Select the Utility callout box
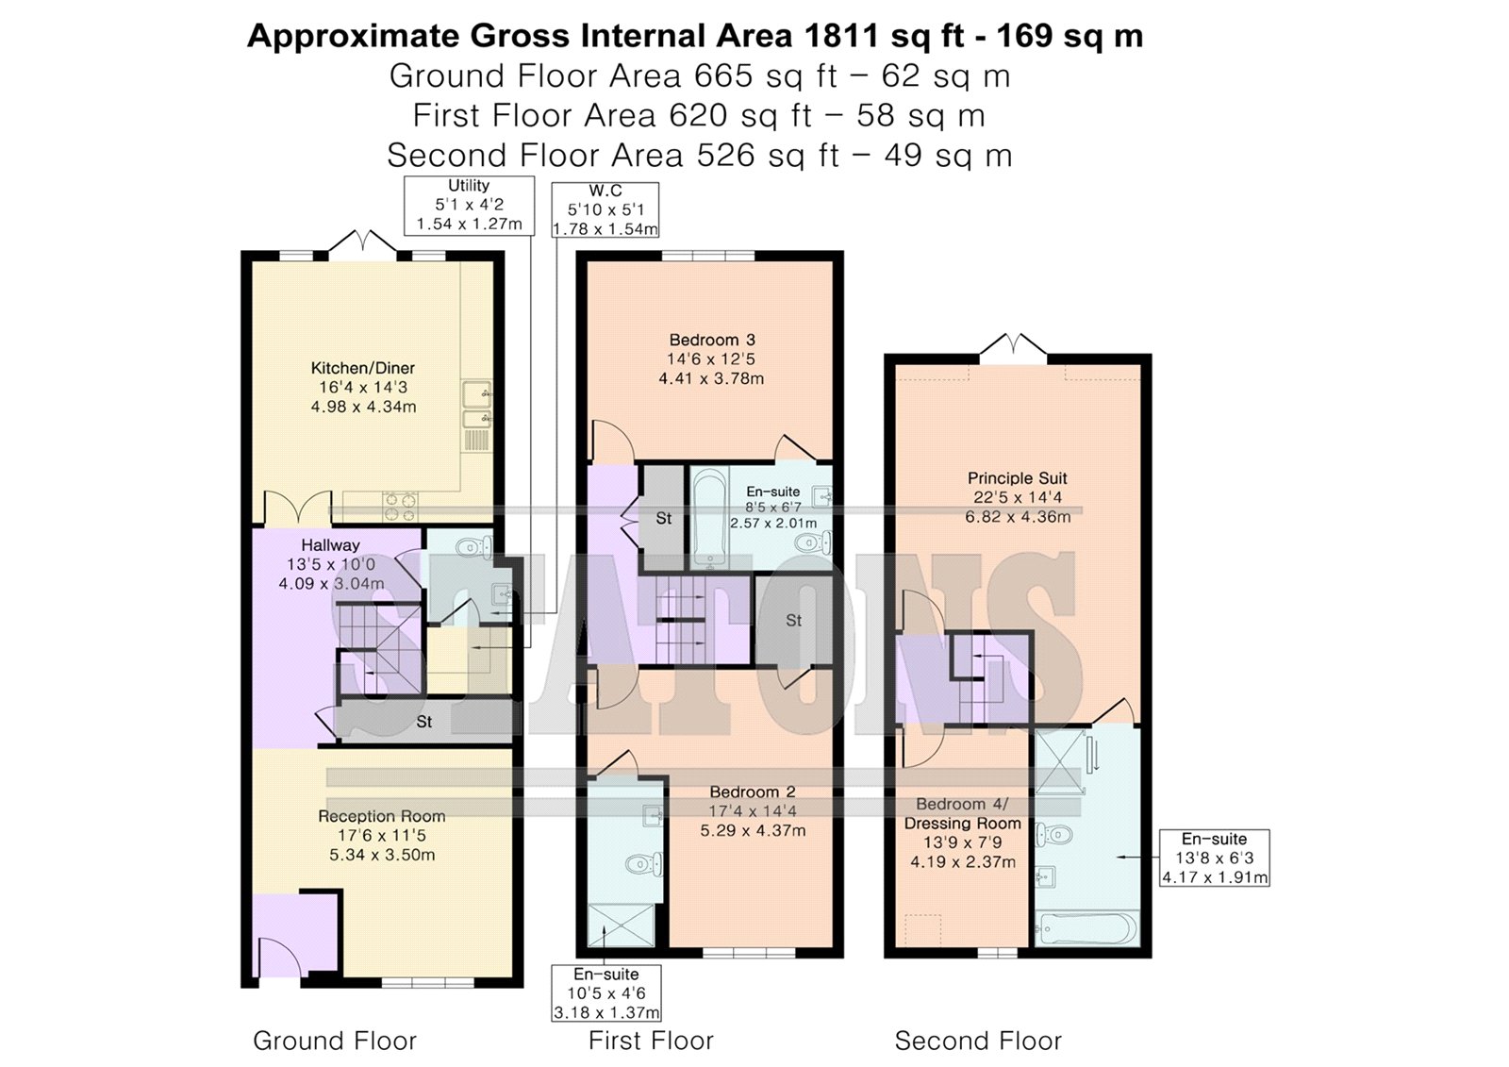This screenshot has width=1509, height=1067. click(469, 206)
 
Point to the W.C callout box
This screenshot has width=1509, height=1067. click(605, 209)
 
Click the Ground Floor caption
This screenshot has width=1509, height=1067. click(335, 1041)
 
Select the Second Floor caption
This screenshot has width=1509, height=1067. click(977, 1041)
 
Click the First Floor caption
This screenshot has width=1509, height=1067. click(651, 1041)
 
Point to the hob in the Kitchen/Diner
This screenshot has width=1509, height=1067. click(400, 507)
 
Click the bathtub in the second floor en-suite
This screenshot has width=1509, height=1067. click(1086, 929)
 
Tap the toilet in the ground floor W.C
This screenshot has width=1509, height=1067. click(473, 546)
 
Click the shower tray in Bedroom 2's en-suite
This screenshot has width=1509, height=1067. click(622, 925)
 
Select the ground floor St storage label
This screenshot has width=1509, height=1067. click(423, 722)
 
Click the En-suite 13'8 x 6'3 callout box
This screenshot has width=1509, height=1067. click(1215, 859)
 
